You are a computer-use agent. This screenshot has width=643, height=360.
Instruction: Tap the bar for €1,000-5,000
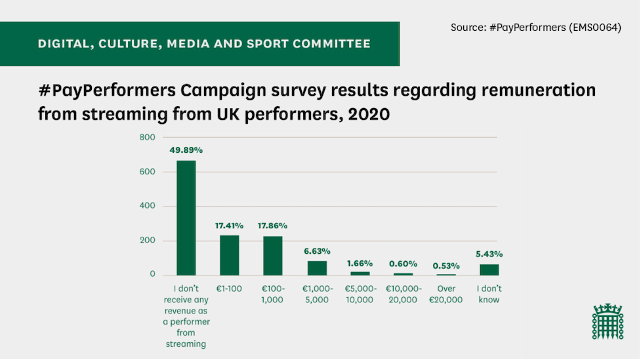[x=317, y=268]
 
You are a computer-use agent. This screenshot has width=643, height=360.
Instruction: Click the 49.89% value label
[x=186, y=150]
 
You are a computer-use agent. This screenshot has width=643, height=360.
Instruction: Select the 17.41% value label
[x=229, y=226]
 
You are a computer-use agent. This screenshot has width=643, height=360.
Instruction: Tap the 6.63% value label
[x=317, y=251]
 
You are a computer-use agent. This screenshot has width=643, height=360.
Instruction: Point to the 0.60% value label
[x=403, y=264]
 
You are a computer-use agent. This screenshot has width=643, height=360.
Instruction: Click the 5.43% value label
[x=489, y=254]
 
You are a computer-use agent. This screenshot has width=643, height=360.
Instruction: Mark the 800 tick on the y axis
[x=147, y=138]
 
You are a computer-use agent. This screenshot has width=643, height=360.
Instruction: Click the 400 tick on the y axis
[x=147, y=206]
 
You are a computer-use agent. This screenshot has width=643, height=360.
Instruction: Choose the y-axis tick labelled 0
[x=152, y=274]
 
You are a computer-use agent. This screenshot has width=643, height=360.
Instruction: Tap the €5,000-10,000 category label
[x=360, y=294]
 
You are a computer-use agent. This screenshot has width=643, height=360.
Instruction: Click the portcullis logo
[x=608, y=321]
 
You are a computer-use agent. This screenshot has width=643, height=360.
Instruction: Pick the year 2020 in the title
[x=369, y=113]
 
